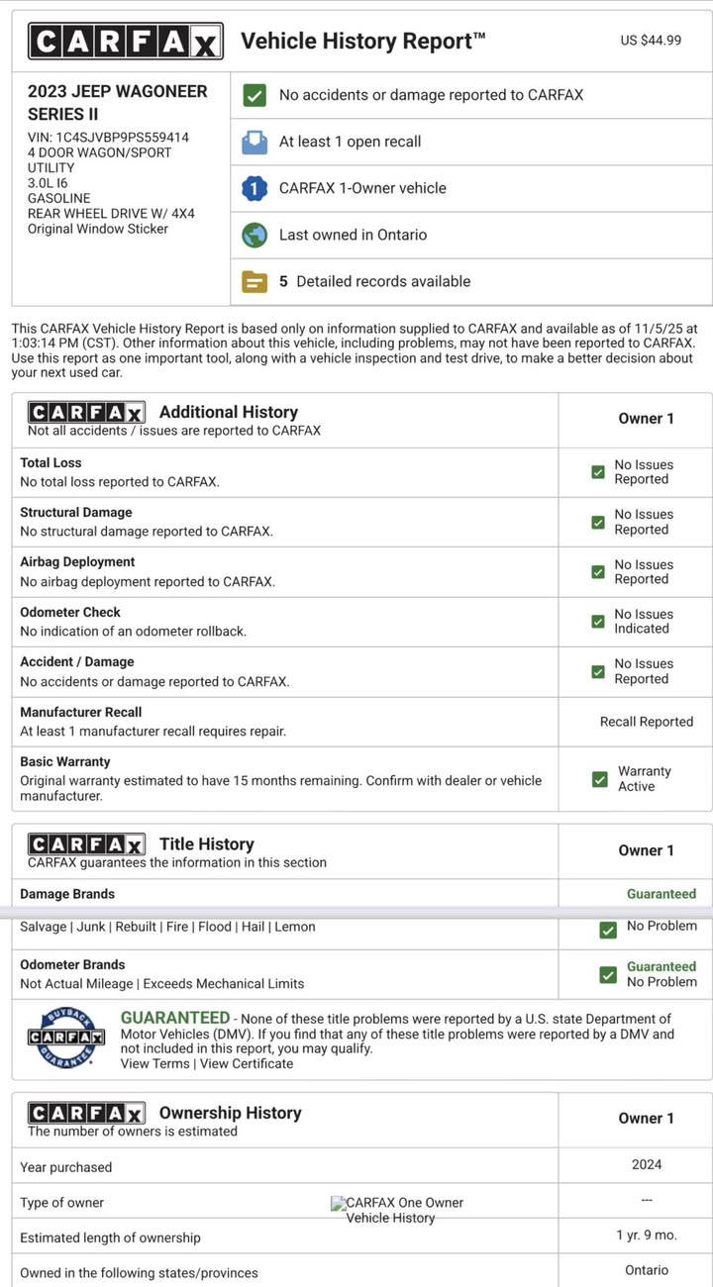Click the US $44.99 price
click(651, 41)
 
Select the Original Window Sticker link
click(98, 229)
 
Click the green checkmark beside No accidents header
click(255, 95)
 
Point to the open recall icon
click(255, 142)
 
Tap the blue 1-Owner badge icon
click(255, 188)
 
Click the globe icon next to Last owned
click(255, 235)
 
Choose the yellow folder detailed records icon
click(255, 281)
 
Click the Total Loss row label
click(51, 462)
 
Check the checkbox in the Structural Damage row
click(598, 522)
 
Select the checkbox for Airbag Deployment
click(598, 572)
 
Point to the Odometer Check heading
click(70, 612)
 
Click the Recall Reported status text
click(647, 722)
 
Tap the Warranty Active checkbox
click(599, 779)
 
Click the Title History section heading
click(206, 843)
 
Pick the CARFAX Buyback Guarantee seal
click(65, 1036)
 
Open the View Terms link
click(154, 1063)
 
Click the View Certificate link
click(247, 1063)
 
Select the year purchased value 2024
click(647, 1165)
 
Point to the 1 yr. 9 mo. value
click(647, 1236)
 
